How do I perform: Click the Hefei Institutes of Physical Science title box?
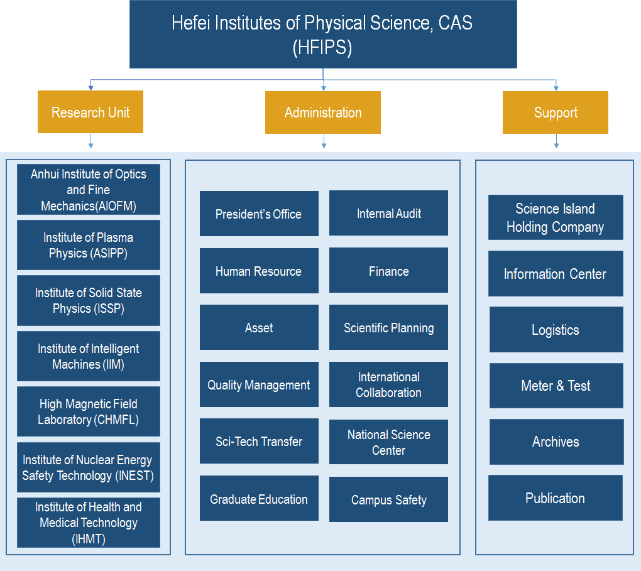coord(323,35)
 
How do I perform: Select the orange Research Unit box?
coord(90,112)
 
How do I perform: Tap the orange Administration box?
coord(323,113)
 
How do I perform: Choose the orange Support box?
coord(556,113)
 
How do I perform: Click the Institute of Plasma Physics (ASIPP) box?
coord(89,245)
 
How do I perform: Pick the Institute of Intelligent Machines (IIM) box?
coord(89,356)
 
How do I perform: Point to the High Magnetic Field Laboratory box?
coord(89,411)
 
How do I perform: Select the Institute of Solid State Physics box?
coord(89,300)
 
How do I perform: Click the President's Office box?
coord(259,214)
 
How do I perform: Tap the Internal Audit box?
coord(388,213)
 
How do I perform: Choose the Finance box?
coord(388,271)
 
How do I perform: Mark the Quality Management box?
coord(259,384)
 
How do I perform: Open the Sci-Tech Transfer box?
coord(259,442)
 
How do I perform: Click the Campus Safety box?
coord(388,499)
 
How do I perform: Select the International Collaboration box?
coord(388,384)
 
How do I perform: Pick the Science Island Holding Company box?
coord(556,217)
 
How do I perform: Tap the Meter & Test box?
coord(556,386)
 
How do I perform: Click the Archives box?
coord(556,442)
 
